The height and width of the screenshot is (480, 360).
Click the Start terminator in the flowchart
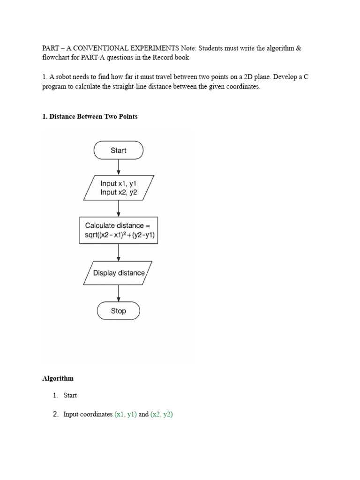coord(119,150)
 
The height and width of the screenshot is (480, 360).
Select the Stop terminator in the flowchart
coord(119,311)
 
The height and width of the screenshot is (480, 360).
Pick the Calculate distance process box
coord(118,230)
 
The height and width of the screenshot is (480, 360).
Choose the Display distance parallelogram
coord(118,273)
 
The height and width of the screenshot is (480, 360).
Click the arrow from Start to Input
coord(119,167)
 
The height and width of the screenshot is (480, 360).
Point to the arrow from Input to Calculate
coord(119,208)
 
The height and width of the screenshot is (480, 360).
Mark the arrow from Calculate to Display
coord(119,252)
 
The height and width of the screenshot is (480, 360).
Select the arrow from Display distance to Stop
coord(119,293)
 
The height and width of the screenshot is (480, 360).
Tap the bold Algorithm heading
coord(58,378)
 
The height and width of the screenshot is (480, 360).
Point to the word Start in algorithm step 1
coord(70,395)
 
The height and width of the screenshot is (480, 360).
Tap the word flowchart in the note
coord(57,58)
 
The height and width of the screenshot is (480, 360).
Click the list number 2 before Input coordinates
coord(55,414)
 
